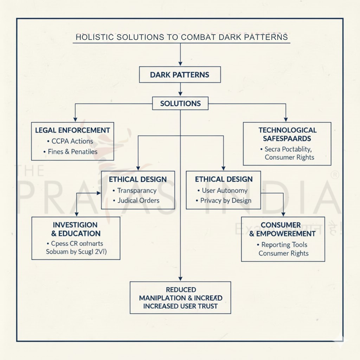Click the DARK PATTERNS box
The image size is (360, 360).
pos(180,75)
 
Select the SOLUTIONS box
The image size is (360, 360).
pos(180,103)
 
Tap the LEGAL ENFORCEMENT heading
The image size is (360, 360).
pos(73,130)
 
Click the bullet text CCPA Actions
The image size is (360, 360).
pos(72,141)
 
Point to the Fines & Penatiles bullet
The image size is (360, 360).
pos(72,152)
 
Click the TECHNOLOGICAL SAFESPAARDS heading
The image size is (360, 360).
pos(287,134)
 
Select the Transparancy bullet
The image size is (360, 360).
pos(137,190)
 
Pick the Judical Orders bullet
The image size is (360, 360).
pos(138,200)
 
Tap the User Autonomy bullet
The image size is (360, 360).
pos(224,190)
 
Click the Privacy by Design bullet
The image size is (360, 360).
pos(226,200)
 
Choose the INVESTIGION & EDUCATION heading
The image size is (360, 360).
pos(76,229)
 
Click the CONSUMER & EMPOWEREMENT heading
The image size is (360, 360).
pos(282,229)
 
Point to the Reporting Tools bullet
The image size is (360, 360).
pos(284,245)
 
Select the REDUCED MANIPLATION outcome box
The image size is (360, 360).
pos(180,298)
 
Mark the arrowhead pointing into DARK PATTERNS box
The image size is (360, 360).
pos(180,63)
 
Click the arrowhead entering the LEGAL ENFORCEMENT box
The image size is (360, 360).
pos(75,119)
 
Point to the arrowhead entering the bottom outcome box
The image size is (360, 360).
pos(180,278)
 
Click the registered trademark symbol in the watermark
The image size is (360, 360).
pos(334,175)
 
